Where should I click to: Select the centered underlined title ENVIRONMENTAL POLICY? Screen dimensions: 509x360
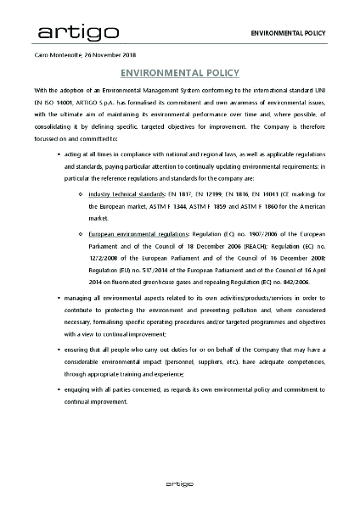click(x=180, y=73)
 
